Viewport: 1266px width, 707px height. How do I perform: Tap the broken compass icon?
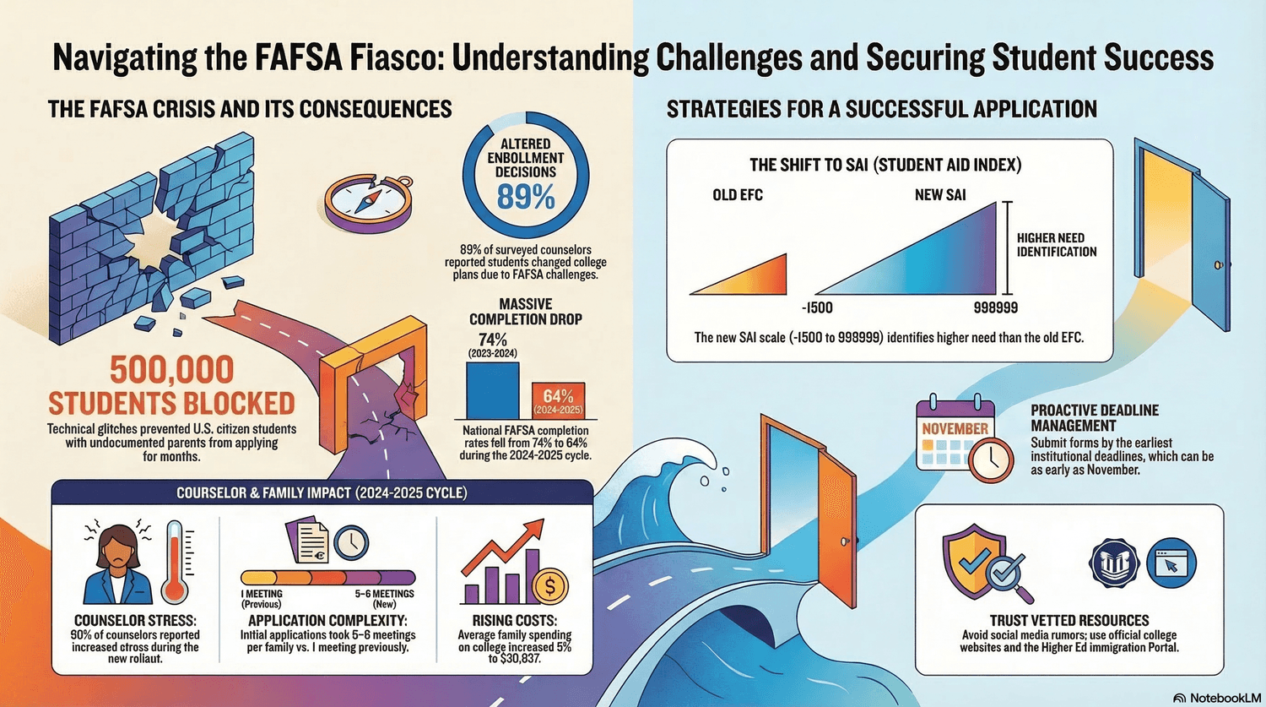[369, 203]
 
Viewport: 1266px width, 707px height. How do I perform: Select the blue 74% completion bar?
[492, 390]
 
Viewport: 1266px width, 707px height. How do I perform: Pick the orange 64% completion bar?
[559, 400]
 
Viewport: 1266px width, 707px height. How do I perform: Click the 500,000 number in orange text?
[172, 370]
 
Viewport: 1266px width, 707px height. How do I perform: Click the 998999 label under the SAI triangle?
[996, 307]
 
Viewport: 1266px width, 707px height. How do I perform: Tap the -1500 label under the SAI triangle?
[817, 307]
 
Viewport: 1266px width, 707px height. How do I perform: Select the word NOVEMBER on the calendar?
[955, 428]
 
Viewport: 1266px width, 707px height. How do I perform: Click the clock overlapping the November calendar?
[991, 460]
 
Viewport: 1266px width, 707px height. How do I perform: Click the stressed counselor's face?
[118, 547]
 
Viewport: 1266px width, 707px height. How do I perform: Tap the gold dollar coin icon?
[549, 586]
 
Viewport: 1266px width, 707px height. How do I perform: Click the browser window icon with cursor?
[1171, 563]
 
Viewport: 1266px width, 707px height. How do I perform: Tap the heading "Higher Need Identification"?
[1057, 245]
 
